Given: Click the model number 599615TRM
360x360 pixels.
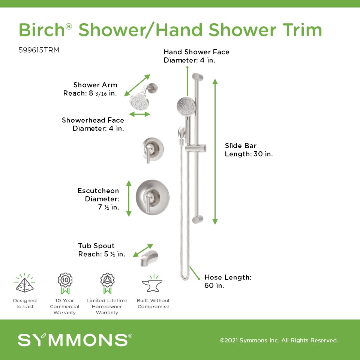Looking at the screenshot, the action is [39, 50].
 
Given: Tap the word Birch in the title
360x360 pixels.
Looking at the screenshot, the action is [42, 30].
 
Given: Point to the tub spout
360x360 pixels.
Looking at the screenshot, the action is [149, 258].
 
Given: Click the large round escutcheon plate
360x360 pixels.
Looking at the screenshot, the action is [153, 197].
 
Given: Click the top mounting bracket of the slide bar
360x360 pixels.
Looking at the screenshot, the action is [198, 77].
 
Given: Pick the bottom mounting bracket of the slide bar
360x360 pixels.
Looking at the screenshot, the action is [198, 219].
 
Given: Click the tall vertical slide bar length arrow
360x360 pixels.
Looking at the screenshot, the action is [215, 151].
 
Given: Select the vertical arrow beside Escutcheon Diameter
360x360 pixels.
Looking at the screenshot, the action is [129, 198].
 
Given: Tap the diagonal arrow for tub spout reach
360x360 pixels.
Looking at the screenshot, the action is [143, 250].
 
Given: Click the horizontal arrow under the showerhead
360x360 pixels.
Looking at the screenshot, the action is [139, 114].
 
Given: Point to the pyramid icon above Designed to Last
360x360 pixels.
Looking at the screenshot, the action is [25, 283].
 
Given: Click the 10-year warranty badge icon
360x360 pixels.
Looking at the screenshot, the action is [65, 283].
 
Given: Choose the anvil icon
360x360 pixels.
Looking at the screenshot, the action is [152, 284].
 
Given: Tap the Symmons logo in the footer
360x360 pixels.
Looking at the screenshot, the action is [75, 340].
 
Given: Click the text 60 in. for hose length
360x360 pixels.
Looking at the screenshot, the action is [214, 285].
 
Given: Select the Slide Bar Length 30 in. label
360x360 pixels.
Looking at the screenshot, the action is [249, 150].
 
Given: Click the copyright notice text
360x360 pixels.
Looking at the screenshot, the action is [279, 340].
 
